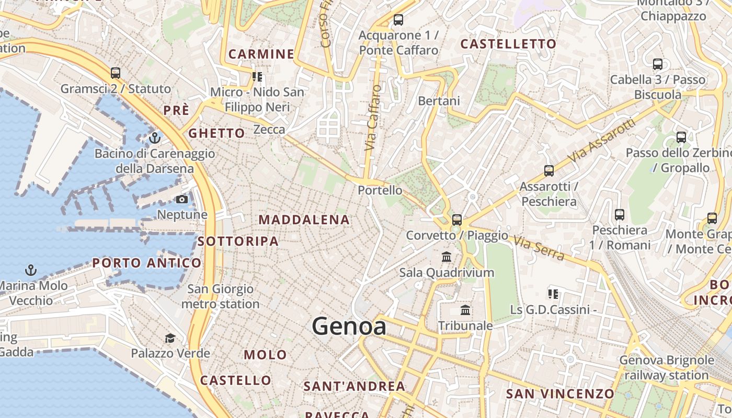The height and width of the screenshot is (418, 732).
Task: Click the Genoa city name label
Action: [349, 327]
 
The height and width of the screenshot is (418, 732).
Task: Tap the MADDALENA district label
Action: [304, 220]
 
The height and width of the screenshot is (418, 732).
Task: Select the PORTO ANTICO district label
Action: [147, 263]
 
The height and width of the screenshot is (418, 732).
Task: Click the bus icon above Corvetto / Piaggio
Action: [457, 220]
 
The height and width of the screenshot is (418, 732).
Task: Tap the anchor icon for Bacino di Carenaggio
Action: [154, 138]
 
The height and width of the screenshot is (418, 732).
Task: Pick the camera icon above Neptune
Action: [182, 199]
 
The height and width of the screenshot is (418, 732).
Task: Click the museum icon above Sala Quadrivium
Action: [447, 257]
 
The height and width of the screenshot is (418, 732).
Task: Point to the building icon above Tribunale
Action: [465, 310]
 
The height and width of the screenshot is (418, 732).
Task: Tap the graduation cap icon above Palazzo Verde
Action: [170, 338]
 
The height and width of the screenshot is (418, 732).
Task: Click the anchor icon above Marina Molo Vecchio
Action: [31, 270]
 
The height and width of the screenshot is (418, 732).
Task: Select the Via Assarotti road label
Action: [602, 140]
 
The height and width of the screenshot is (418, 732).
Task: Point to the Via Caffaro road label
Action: [372, 118]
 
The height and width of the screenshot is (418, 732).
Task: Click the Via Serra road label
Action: [539, 248]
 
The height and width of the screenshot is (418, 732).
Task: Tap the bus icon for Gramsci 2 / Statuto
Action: [116, 73]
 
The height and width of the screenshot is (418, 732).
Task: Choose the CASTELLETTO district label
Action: [508, 44]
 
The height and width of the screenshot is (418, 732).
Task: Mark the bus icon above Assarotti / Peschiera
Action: [549, 170]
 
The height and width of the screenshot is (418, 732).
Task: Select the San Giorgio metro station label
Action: [220, 296]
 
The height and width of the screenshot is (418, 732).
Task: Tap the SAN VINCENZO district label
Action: [560, 393]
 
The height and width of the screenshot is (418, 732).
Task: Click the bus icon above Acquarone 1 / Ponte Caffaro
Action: [398, 20]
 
